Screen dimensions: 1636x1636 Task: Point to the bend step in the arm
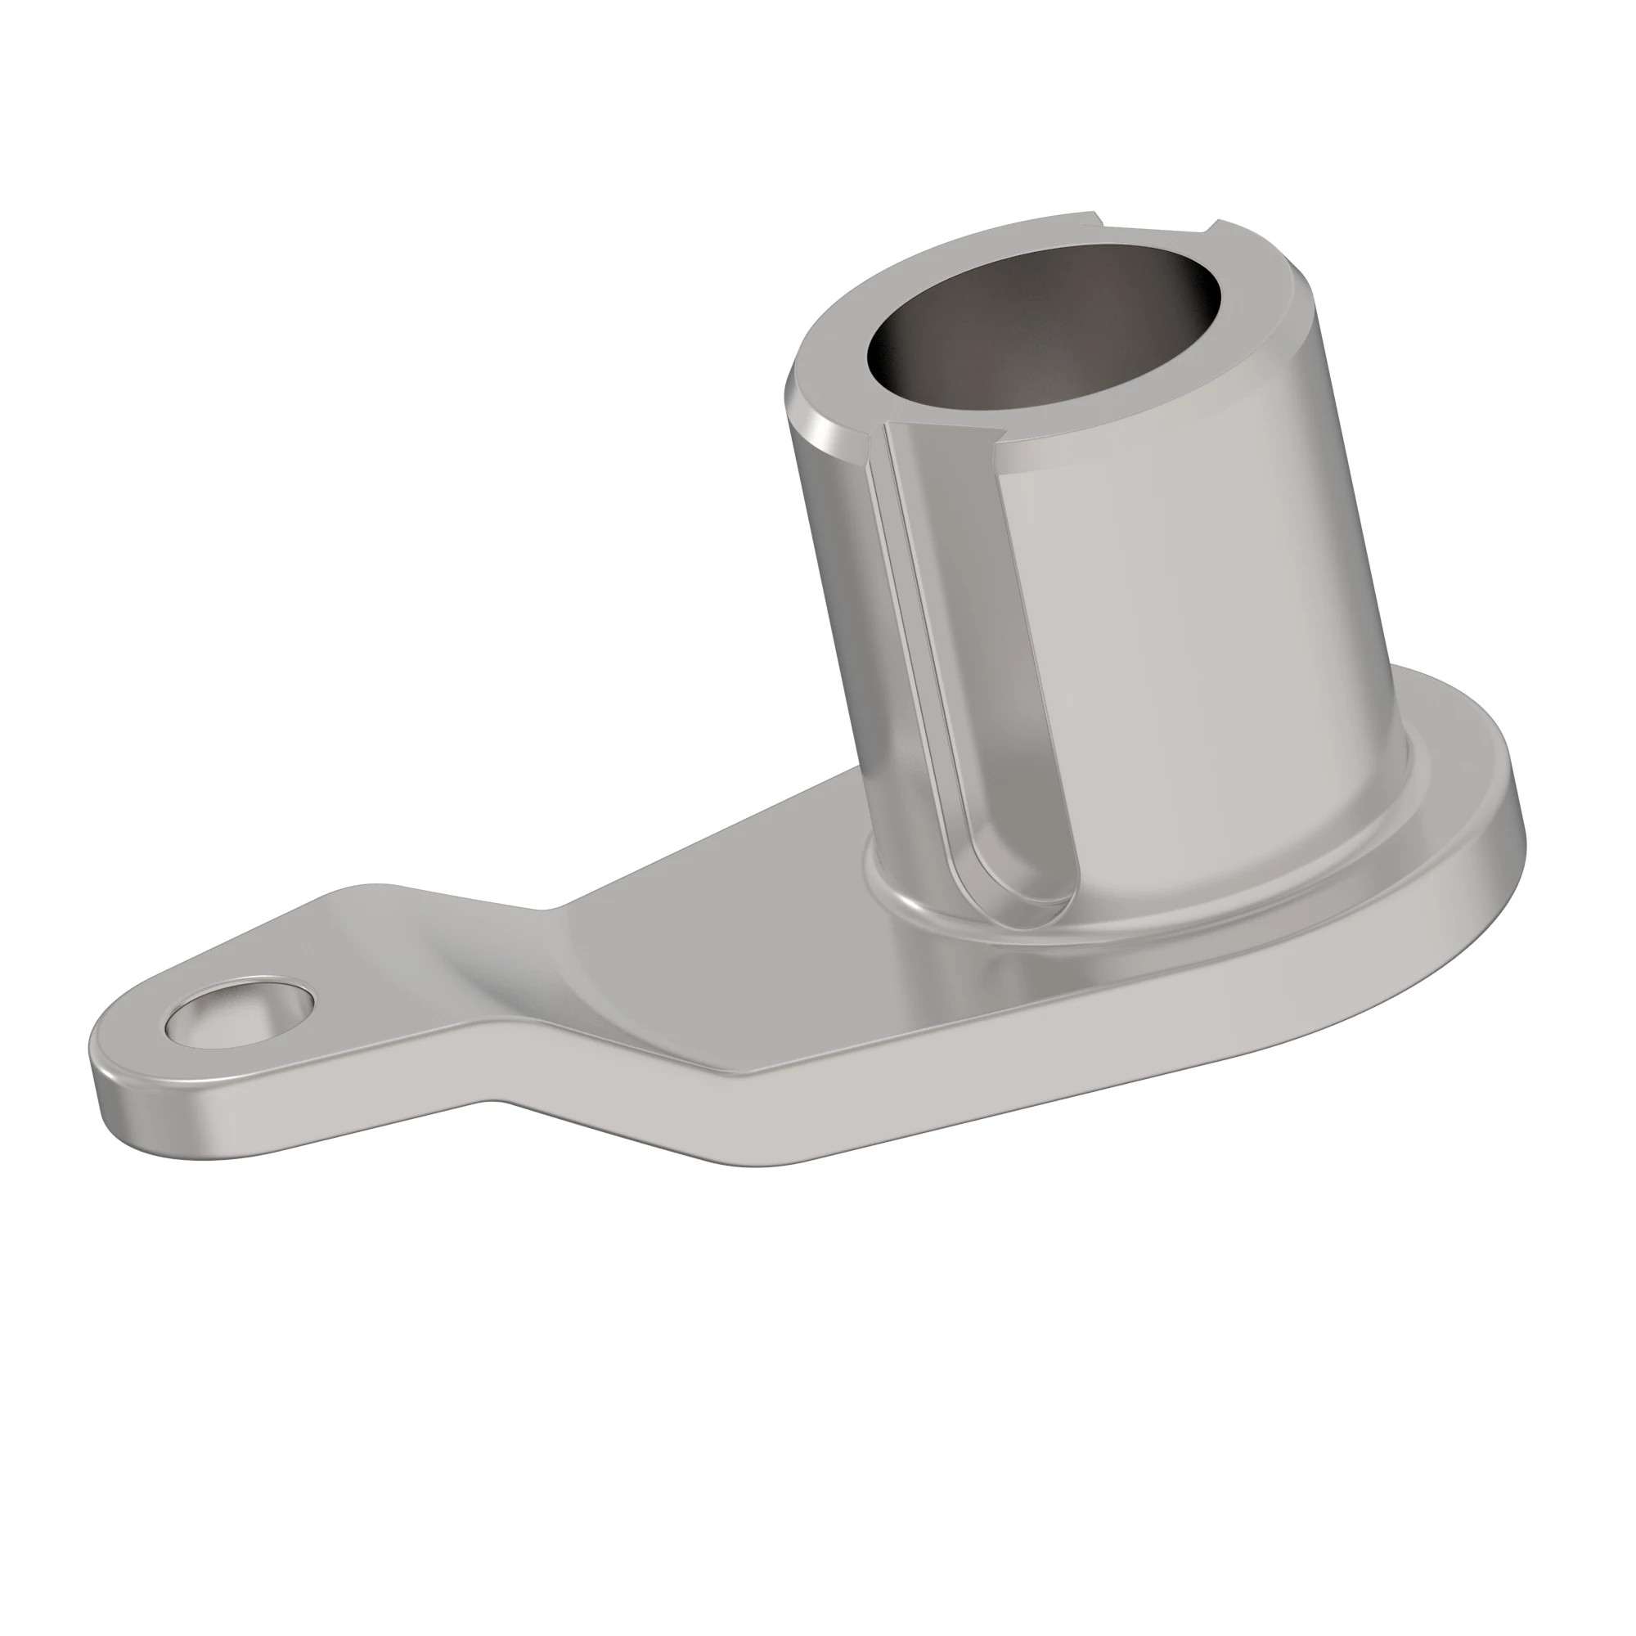(525, 973)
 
